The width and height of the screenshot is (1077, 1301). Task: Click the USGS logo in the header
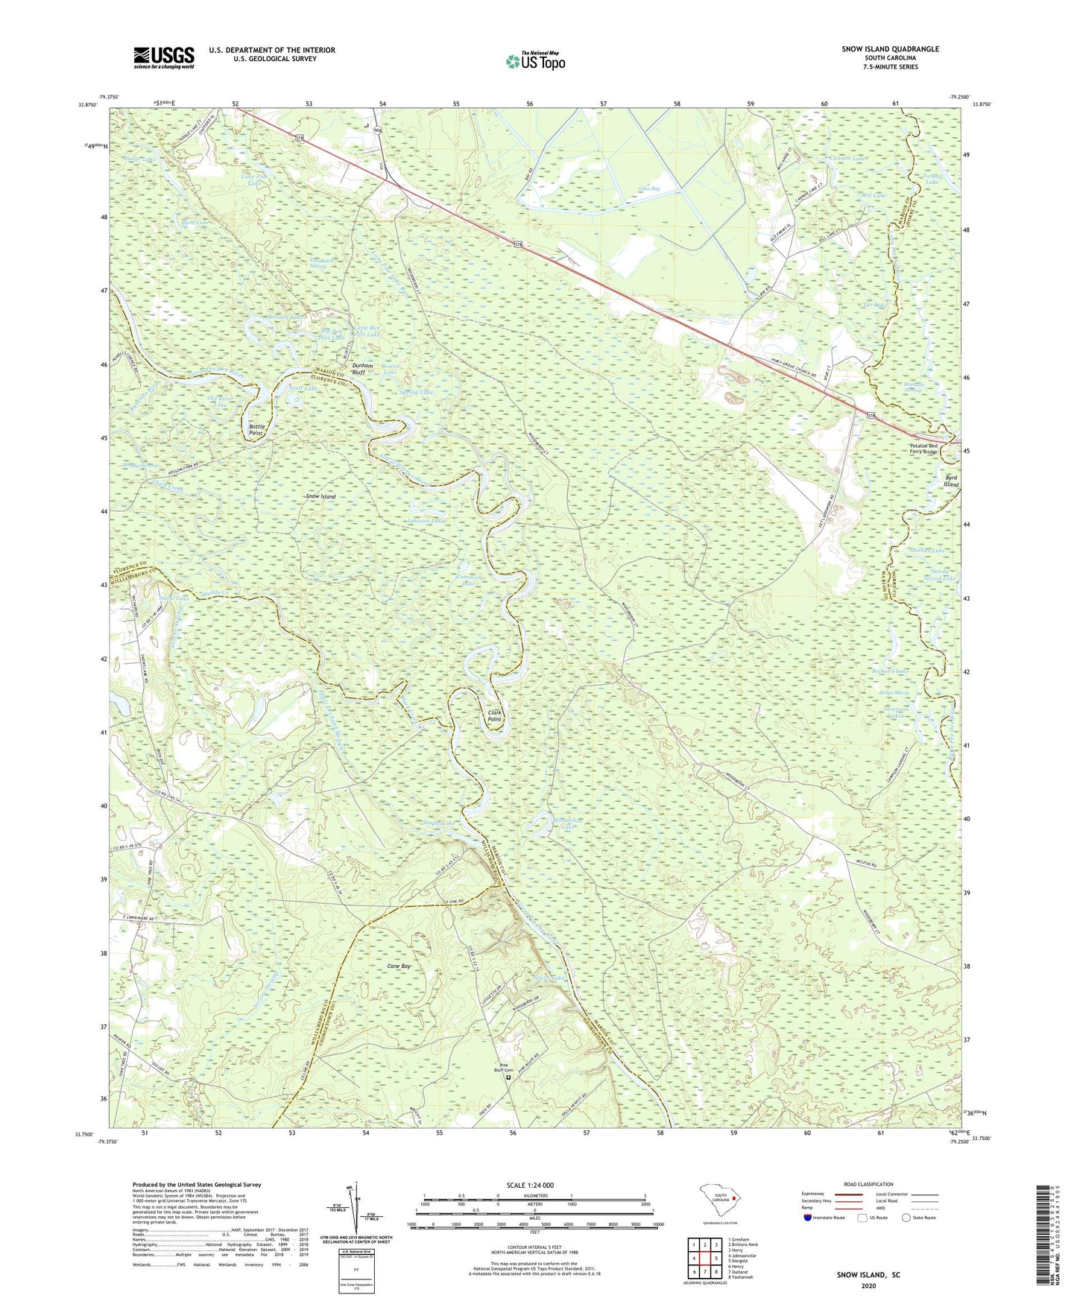(x=164, y=57)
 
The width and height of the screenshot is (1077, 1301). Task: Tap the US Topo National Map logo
(x=535, y=60)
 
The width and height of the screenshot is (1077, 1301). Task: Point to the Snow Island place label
(x=320, y=496)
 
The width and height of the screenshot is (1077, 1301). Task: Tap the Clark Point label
(x=494, y=716)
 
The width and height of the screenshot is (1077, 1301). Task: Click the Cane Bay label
(x=399, y=966)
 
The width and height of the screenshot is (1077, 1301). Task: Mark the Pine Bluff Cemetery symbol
(x=510, y=1077)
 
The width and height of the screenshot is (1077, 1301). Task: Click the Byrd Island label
(x=952, y=481)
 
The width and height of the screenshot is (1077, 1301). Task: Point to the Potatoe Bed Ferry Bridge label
(x=923, y=449)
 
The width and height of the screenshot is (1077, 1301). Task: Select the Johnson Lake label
(x=426, y=521)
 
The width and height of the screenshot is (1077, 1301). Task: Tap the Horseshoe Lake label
(x=567, y=823)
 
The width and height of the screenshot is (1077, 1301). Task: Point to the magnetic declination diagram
(x=356, y=1207)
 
